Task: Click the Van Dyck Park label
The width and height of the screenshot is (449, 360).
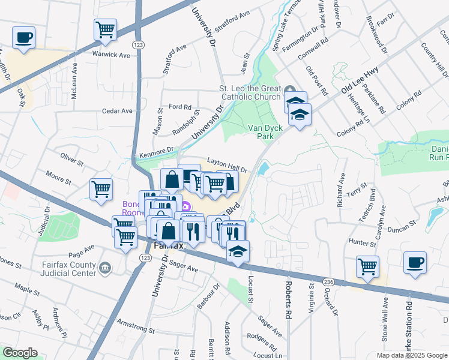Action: tap(261, 132)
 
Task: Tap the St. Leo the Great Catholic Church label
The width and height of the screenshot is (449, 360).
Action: tap(249, 92)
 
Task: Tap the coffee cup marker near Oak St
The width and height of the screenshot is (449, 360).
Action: tap(24, 38)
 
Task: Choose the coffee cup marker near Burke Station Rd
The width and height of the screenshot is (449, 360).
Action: tap(415, 262)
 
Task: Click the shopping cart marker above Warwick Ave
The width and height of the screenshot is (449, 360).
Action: tap(105, 29)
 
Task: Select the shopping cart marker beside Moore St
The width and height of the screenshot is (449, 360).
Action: tap(101, 189)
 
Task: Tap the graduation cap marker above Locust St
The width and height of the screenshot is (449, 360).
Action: tap(238, 251)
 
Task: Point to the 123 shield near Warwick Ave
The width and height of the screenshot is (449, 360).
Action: tap(138, 44)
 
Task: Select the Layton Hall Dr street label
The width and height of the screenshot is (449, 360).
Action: tap(228, 165)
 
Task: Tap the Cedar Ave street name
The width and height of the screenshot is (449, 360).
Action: tap(117, 111)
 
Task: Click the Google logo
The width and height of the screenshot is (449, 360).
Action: tap(20, 353)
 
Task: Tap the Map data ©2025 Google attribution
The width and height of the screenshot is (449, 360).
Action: tap(411, 355)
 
